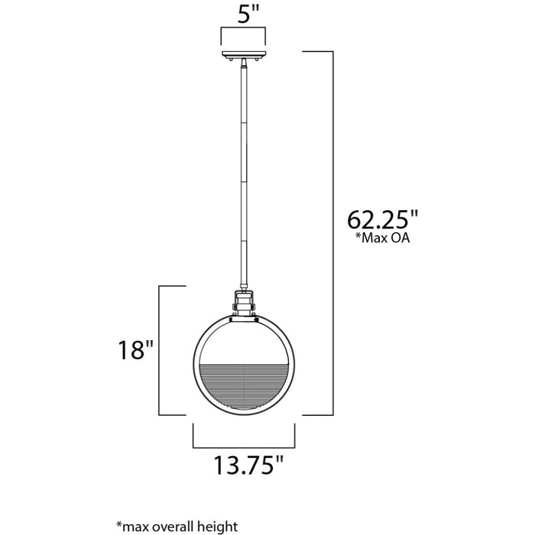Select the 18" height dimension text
pyautogui.click(x=136, y=350)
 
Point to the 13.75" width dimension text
pyautogui.click(x=248, y=465)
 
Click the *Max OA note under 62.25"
pyautogui.click(x=382, y=238)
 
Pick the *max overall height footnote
pyautogui.click(x=177, y=526)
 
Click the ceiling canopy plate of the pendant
pyautogui.click(x=244, y=54)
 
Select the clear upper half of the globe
pyautogui.click(x=244, y=341)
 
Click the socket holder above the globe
pyautogui.click(x=244, y=303)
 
